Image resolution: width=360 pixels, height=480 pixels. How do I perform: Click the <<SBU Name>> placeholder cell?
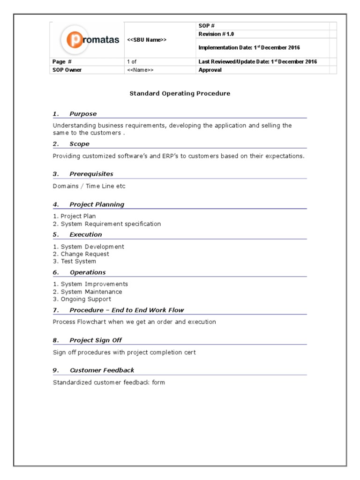click(x=147, y=40)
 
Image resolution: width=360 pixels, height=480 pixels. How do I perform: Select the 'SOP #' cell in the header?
click(x=207, y=26)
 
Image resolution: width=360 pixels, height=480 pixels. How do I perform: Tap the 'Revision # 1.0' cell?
click(x=216, y=34)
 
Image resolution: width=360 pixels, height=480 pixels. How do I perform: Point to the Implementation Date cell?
click(x=249, y=47)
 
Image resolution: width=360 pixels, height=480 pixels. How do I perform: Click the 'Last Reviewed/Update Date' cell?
click(x=257, y=61)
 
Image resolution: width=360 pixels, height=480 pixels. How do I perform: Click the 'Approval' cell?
click(x=210, y=70)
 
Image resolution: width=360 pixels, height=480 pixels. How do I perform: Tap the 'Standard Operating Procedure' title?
click(x=180, y=93)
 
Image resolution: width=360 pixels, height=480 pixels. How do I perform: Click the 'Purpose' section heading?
click(x=83, y=114)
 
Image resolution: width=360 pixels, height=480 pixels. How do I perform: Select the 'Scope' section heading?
click(x=79, y=144)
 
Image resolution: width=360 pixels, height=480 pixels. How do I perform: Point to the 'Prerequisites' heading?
click(x=91, y=174)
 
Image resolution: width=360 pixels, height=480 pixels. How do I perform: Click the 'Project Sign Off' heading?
click(x=96, y=340)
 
